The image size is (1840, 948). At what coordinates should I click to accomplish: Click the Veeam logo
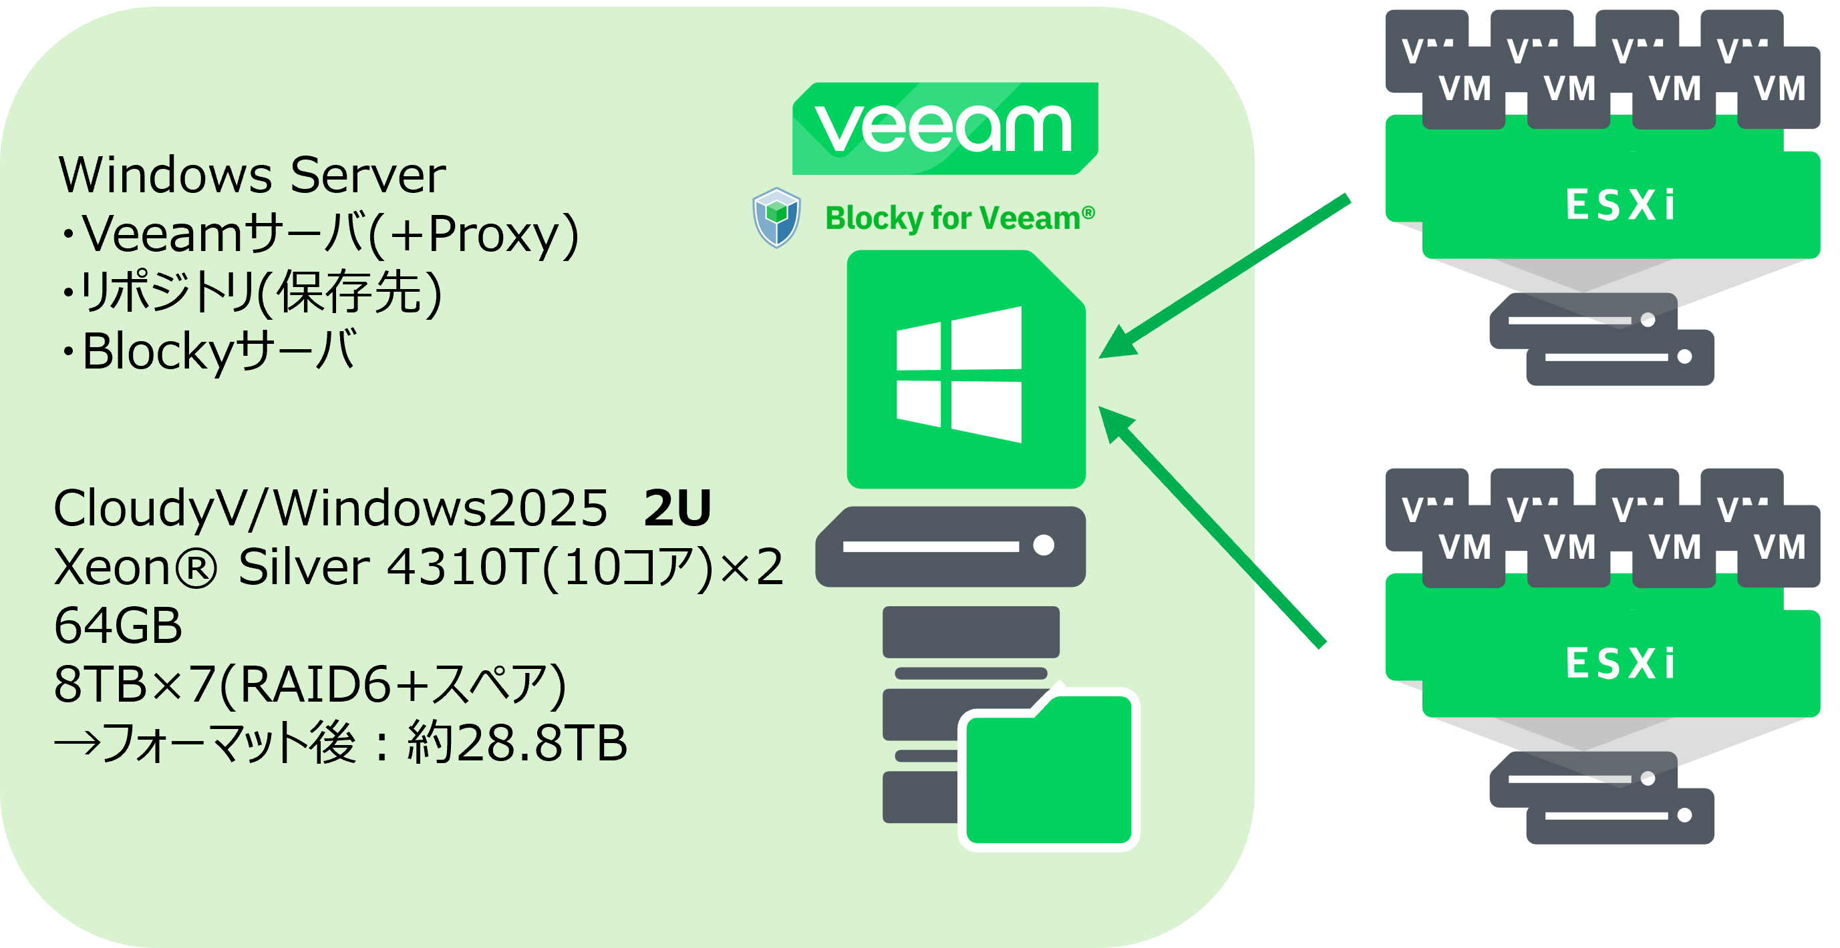[944, 128]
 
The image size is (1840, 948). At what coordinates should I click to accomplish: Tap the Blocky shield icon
[776, 217]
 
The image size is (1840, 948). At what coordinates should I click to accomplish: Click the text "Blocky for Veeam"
[959, 218]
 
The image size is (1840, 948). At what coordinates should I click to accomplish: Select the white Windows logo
[959, 375]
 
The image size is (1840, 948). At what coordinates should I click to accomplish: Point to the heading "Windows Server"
[252, 175]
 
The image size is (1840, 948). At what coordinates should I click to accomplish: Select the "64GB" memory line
[118, 626]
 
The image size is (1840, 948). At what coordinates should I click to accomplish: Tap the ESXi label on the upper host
[1620, 206]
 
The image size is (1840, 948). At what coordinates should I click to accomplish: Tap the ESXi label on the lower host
[1620, 664]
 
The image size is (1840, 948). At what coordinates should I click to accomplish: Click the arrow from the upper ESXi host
[1225, 275]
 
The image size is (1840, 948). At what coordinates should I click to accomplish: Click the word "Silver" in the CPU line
[303, 567]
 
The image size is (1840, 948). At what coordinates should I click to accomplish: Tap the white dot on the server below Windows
[1044, 545]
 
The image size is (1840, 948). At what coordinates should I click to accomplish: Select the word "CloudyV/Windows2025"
[330, 508]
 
